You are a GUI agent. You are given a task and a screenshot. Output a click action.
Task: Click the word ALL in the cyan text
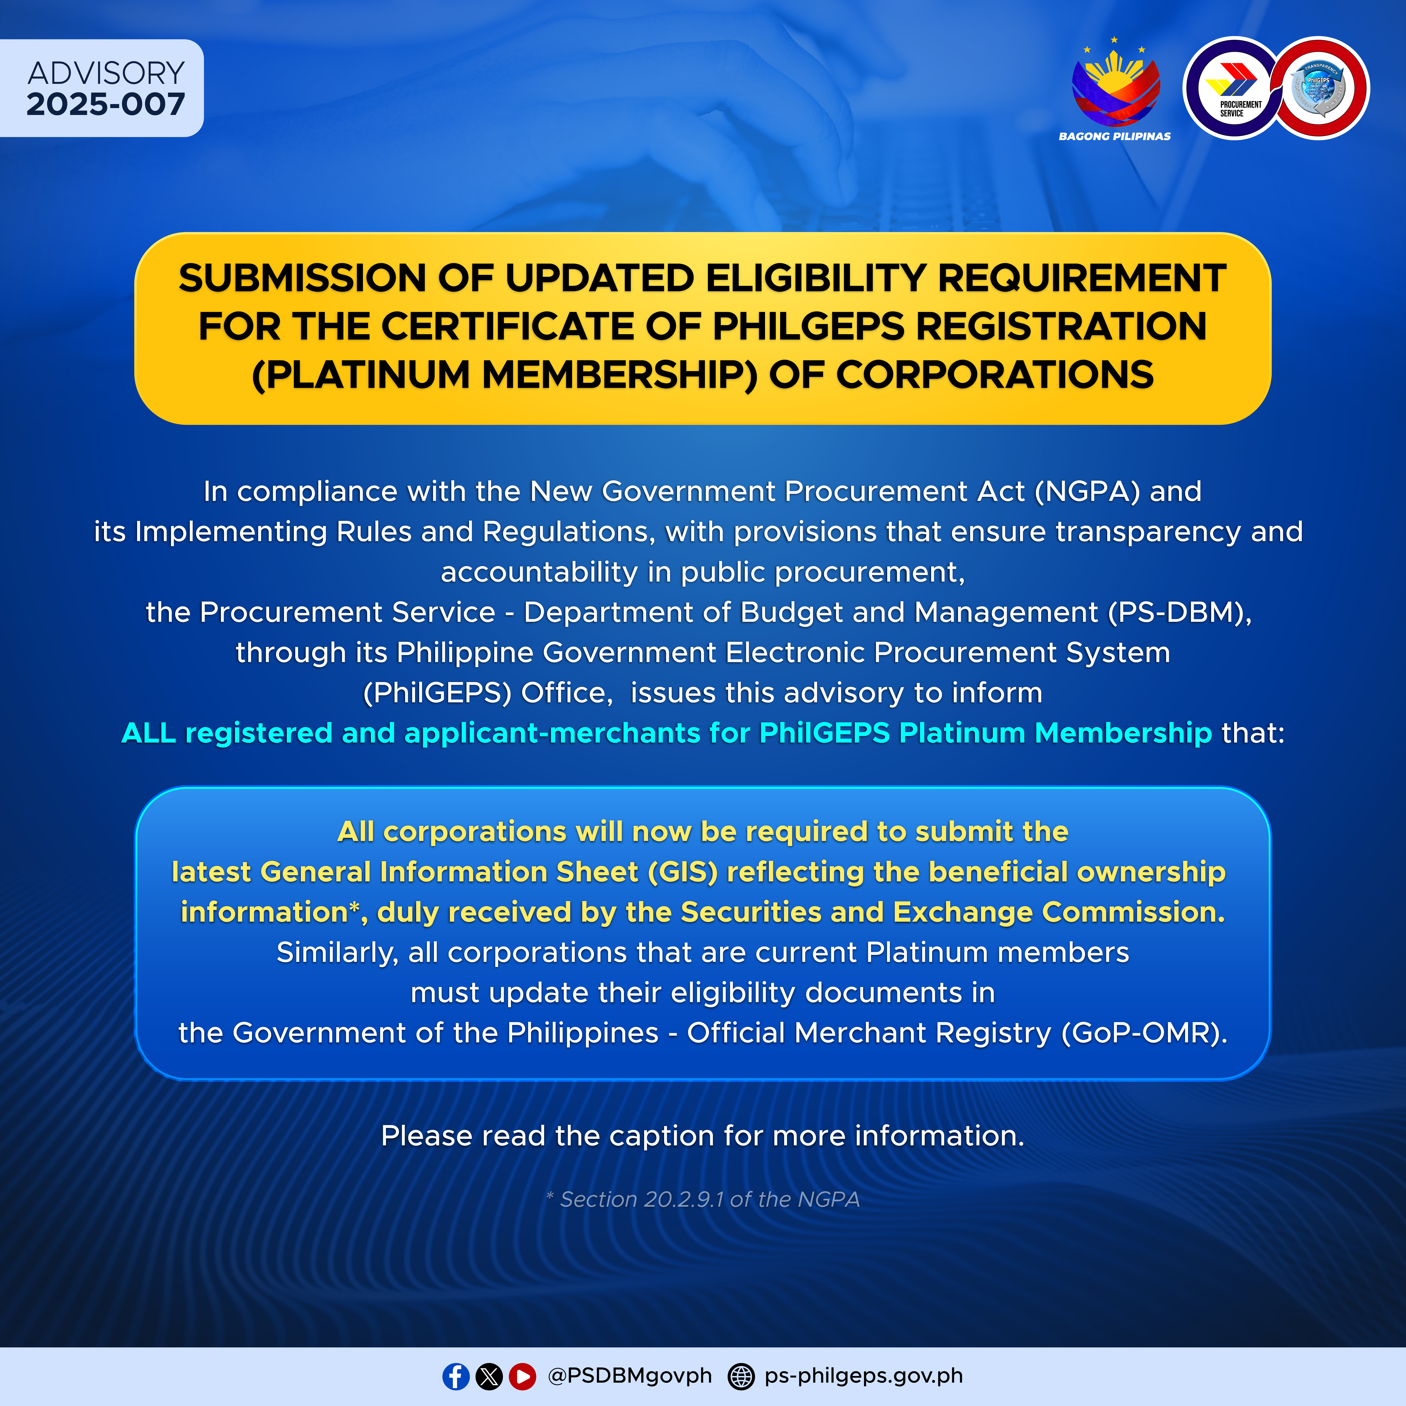tap(149, 733)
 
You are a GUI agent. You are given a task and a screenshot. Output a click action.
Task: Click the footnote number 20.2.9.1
tap(684, 1199)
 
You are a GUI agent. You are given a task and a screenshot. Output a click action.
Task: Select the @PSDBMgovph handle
tap(630, 1375)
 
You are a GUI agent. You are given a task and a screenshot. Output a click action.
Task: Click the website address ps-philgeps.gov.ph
tap(864, 1375)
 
